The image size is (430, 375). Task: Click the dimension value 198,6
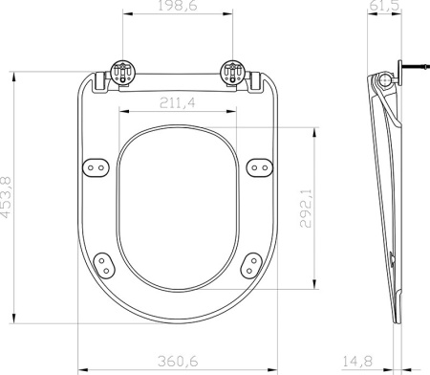[178, 8]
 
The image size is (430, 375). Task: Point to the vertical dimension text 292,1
[305, 209]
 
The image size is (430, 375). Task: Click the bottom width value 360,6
[178, 362]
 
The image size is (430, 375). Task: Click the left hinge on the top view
[122, 73]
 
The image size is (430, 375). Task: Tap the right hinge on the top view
[232, 73]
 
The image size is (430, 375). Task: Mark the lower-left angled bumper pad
[105, 260]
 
